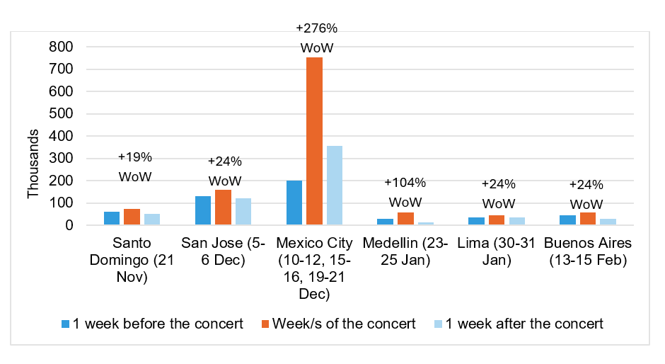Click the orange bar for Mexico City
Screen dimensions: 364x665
pyautogui.click(x=314, y=142)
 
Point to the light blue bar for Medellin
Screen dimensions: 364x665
pyautogui.click(x=426, y=224)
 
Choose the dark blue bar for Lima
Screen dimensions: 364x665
pyautogui.click(x=477, y=221)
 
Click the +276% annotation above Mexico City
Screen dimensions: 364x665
pyautogui.click(x=316, y=28)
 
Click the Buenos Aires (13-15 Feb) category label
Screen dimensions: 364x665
pyautogui.click(x=587, y=251)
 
